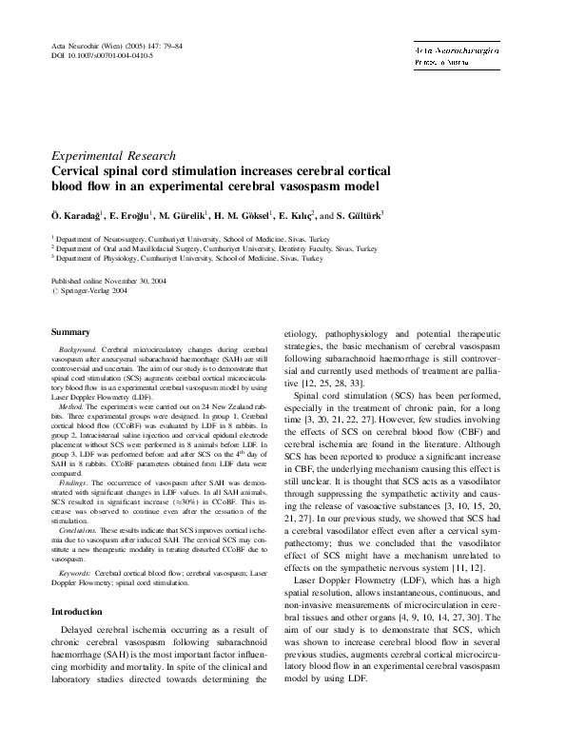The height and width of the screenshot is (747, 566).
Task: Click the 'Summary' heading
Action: tap(70, 331)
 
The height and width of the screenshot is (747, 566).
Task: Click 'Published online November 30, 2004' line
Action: tap(109, 282)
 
